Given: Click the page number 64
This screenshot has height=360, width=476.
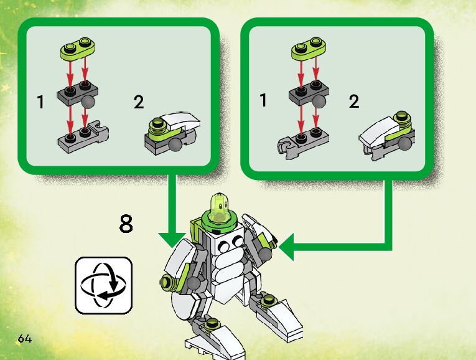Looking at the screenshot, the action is (25, 339).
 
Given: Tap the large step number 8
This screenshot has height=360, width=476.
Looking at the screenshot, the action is (126, 224).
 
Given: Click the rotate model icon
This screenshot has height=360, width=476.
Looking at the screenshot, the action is (104, 285).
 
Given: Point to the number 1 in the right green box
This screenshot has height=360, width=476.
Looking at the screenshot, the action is (264, 100).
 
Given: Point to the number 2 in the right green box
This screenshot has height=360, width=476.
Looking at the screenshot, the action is (354, 102).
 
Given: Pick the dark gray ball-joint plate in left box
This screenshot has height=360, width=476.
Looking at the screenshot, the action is (77, 95).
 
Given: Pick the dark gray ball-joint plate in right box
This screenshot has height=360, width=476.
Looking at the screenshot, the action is (307, 95).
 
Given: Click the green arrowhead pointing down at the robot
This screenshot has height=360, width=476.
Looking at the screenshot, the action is (172, 239).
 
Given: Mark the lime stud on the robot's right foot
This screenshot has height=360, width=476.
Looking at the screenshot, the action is (269, 302).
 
